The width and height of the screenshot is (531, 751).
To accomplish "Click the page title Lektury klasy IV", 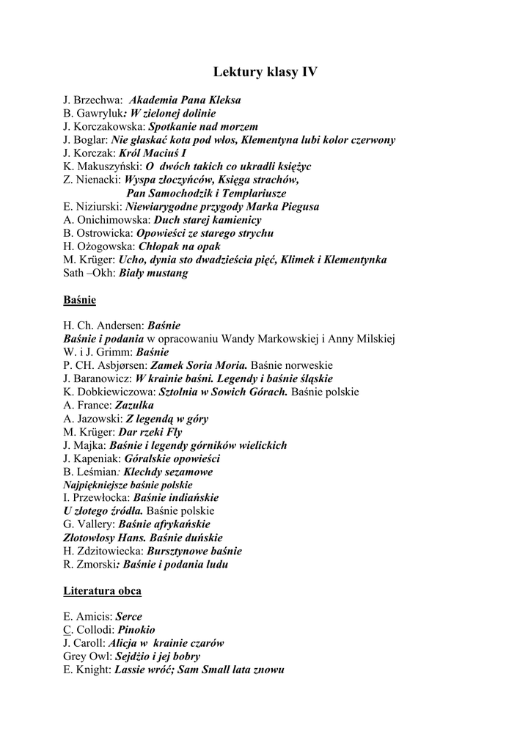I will click(x=265, y=72).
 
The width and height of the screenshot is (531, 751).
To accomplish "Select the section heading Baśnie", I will click(x=79, y=300).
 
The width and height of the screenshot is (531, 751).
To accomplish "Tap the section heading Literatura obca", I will click(x=103, y=590).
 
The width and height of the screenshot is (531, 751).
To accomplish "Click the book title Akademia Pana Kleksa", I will click(x=185, y=100).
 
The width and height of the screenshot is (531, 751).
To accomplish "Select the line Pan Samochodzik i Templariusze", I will click(x=206, y=194).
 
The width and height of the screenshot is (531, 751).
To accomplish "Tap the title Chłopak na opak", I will click(x=180, y=246).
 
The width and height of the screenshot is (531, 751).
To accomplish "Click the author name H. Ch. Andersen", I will click(x=104, y=325).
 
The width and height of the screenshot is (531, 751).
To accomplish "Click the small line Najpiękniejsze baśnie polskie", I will click(x=128, y=485).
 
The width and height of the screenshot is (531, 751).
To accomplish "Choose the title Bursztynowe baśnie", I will click(x=195, y=551).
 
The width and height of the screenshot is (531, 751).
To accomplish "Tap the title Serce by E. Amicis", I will click(x=129, y=617).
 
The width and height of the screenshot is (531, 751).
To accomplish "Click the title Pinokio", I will click(x=136, y=630).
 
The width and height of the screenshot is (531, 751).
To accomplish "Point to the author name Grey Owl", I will click(x=87, y=656).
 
